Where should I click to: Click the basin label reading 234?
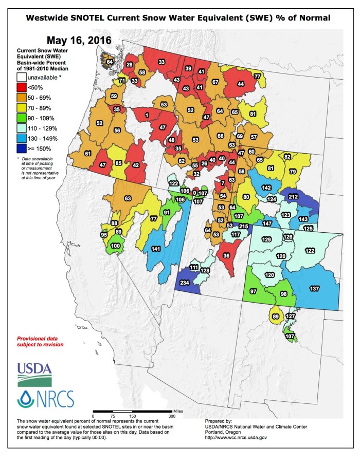[185, 282]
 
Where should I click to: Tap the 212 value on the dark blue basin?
[293, 197]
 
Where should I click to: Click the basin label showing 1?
[147, 116]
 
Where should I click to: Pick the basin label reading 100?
[116, 246]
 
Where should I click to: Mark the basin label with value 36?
[226, 255]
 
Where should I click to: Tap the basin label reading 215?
[244, 227]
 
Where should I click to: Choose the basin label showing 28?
[130, 65]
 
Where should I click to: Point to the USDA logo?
[34, 374]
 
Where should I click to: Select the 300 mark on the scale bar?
[171, 415]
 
